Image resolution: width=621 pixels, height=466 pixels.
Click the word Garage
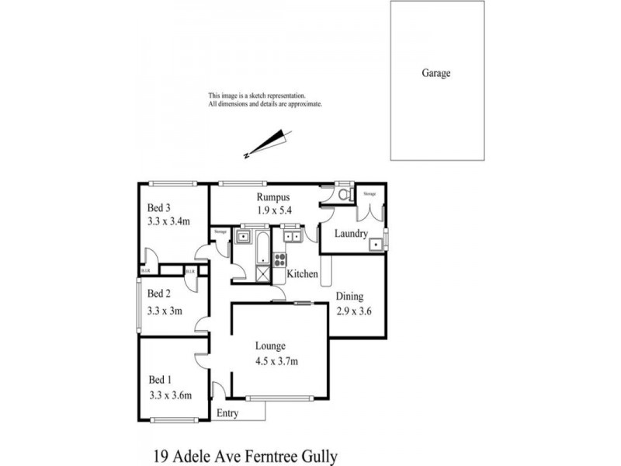click(435, 74)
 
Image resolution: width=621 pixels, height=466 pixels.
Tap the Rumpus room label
click(272, 198)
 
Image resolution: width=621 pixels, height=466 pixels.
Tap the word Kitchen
click(303, 275)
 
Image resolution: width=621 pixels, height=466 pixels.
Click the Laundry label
click(351, 234)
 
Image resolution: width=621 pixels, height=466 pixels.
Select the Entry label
click(228, 413)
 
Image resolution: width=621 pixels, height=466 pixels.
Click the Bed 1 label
click(159, 380)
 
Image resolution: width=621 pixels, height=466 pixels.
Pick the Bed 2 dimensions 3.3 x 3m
click(165, 311)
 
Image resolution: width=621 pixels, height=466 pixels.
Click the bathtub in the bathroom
click(262, 247)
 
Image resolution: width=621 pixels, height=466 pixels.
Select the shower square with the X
click(262, 273)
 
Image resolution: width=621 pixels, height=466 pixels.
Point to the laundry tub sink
click(376, 245)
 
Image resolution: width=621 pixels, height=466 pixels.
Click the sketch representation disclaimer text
click(264, 99)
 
